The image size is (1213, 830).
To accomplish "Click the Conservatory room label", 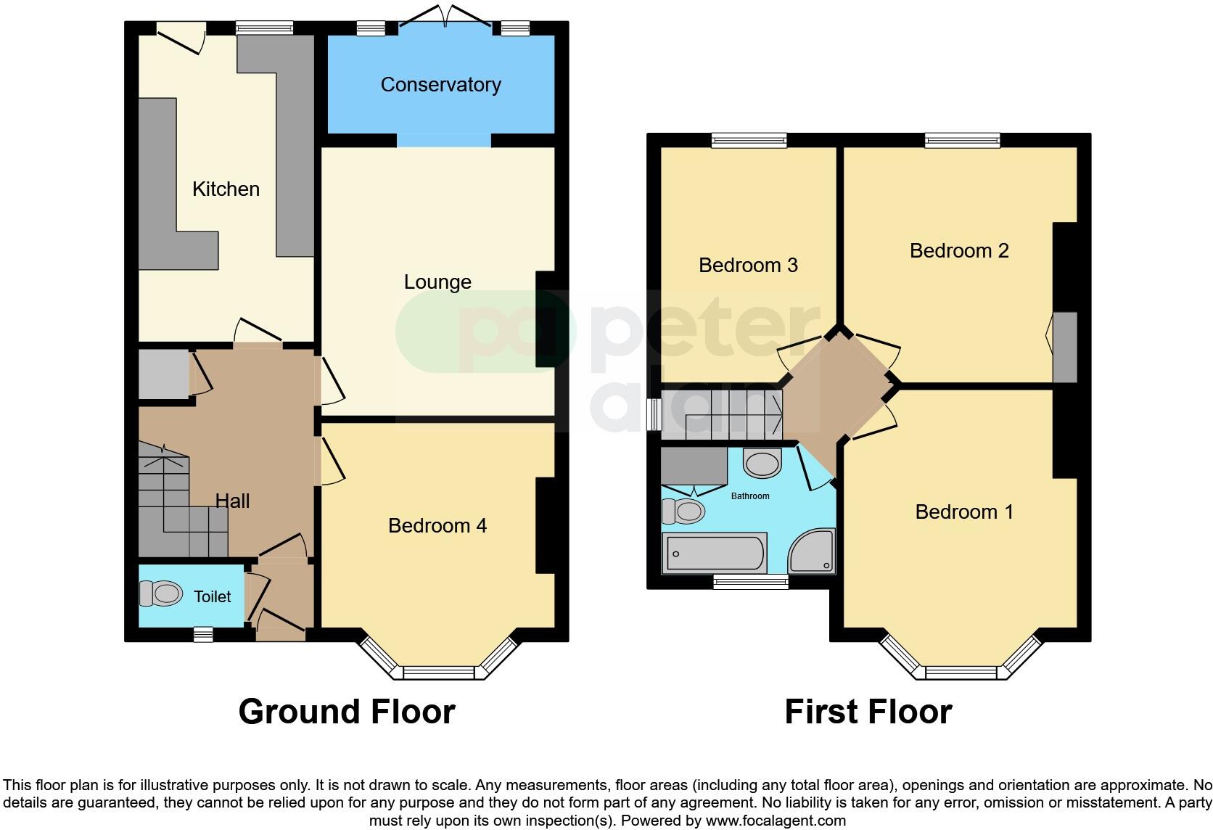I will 440,85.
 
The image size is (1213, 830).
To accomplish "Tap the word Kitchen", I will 226,189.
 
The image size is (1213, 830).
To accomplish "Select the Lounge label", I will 437,282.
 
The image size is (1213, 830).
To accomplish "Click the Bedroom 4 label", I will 437,526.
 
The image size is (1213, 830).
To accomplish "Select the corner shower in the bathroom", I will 813,552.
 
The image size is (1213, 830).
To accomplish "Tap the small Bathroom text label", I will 750,496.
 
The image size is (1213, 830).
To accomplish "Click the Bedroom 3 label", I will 748,266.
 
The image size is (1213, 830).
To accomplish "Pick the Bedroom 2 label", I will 959,251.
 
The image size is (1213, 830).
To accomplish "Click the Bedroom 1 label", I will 964,512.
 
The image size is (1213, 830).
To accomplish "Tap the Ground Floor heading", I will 347,712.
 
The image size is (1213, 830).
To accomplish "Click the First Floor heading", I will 868,712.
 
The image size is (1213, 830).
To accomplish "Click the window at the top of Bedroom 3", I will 749,140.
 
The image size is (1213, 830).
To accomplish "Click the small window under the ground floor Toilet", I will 203,635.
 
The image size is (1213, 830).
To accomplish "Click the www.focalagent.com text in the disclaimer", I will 776,821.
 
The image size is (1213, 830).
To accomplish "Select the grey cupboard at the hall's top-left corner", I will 164,374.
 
